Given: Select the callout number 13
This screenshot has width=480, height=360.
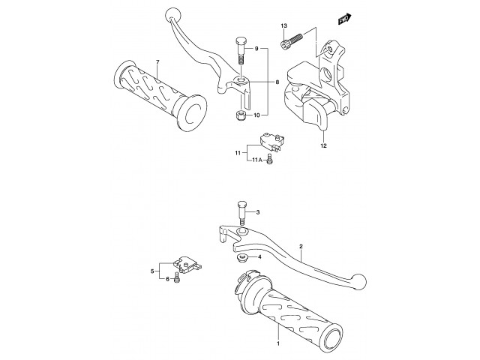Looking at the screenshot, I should (284, 27).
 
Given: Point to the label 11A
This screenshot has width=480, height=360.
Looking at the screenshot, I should (256, 160).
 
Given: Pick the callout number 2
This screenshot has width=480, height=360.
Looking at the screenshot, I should (301, 246).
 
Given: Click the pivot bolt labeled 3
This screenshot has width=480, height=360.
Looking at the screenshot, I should (241, 212).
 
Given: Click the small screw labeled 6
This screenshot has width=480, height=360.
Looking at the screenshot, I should (175, 279).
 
